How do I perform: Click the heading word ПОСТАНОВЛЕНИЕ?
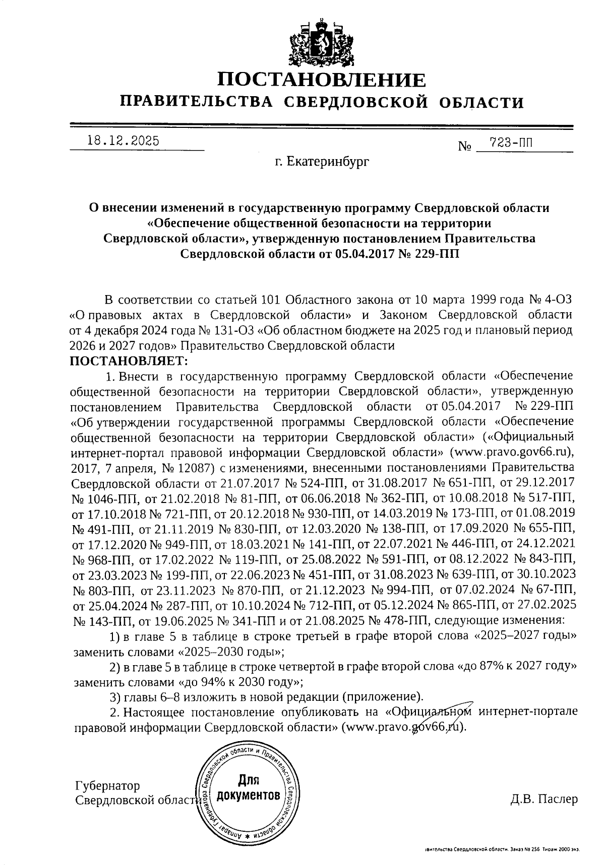321,80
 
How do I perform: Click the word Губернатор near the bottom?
107,786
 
